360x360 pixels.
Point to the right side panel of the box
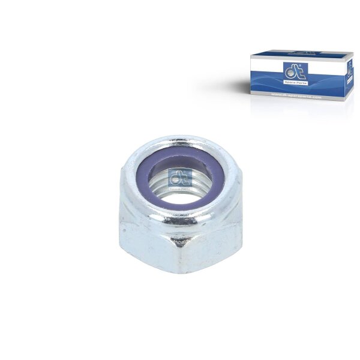pos(349,75)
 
